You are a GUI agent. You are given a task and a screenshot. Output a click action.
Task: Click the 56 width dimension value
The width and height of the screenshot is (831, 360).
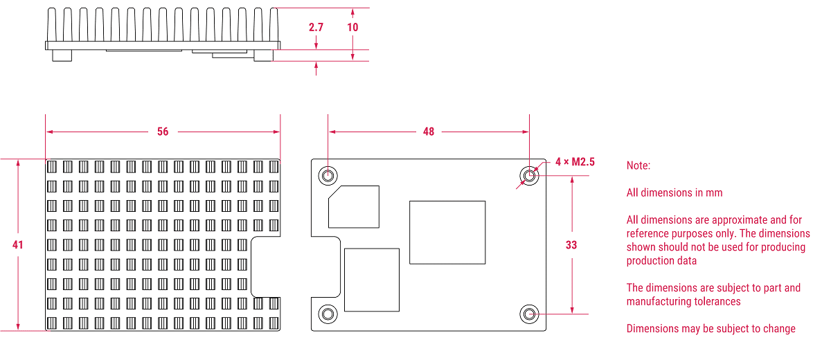click(x=163, y=132)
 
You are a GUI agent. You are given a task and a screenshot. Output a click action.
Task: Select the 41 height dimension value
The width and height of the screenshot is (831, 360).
click(x=18, y=245)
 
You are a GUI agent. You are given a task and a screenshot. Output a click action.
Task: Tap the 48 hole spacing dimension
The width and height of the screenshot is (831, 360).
click(x=429, y=132)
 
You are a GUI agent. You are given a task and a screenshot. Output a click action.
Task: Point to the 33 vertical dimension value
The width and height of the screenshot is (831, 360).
click(x=571, y=245)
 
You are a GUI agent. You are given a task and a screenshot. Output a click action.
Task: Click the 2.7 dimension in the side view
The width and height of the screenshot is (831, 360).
click(x=316, y=28)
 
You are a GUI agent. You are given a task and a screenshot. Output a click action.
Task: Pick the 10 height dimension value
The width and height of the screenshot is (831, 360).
click(x=353, y=28)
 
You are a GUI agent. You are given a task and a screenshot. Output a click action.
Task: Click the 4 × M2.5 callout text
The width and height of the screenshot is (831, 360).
click(x=575, y=162)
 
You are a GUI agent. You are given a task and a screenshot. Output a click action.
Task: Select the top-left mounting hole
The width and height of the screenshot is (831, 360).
click(x=328, y=176)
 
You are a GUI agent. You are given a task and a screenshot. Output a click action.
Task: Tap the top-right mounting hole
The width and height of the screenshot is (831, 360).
click(x=529, y=176)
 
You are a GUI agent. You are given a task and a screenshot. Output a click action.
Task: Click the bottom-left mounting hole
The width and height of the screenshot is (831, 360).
click(x=328, y=314)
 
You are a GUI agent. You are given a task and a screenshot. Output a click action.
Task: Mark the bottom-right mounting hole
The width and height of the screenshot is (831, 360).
click(x=529, y=314)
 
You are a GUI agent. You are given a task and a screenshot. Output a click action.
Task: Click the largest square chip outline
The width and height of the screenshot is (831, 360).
click(x=447, y=232)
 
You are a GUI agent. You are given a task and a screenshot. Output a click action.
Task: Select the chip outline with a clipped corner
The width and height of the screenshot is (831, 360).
click(x=354, y=206)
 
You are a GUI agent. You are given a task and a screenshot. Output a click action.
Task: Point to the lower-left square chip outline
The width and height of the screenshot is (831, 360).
click(x=371, y=279)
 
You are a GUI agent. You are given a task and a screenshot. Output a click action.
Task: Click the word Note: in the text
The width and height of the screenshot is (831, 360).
click(x=638, y=166)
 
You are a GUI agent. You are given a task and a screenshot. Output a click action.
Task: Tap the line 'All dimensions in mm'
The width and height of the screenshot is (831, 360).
click(x=674, y=192)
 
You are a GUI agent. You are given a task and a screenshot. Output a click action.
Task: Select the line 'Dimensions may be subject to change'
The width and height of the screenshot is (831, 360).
click(x=711, y=329)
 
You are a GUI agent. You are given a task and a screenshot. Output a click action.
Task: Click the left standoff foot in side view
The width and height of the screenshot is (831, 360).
click(x=62, y=55)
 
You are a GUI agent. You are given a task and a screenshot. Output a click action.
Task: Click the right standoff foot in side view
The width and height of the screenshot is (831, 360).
click(x=263, y=55)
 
